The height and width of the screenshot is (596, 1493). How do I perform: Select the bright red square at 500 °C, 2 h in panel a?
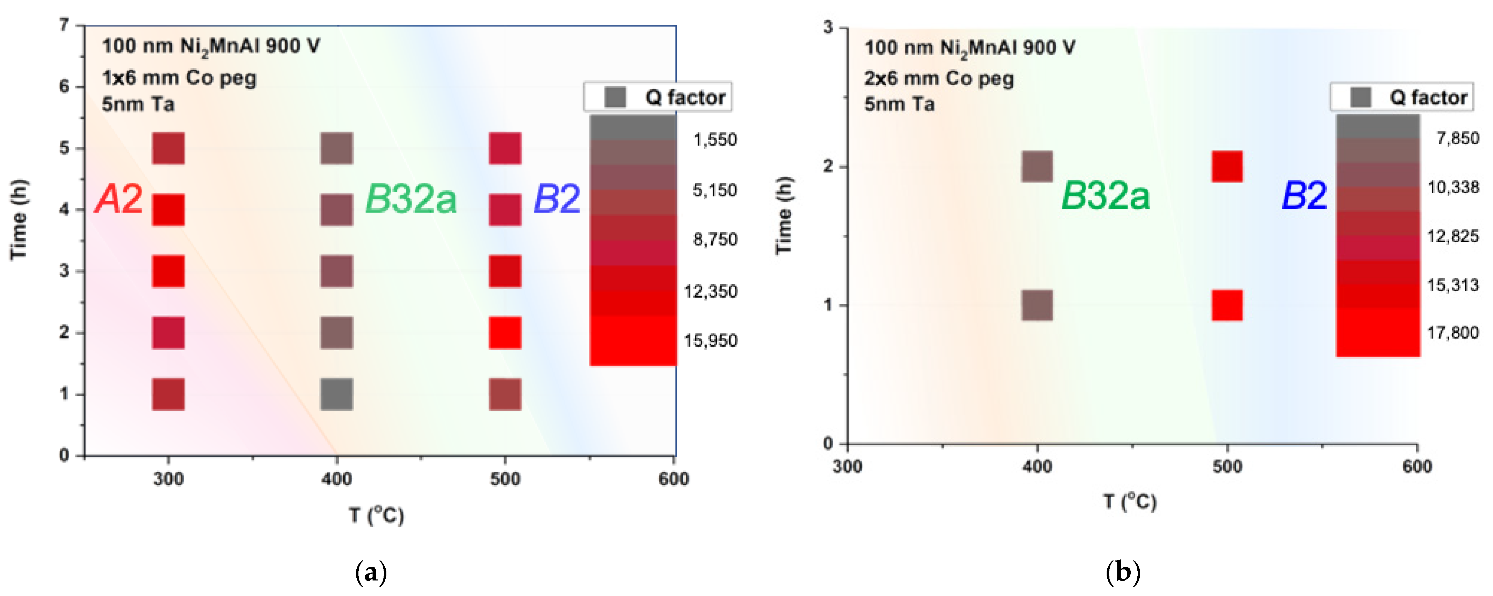505,333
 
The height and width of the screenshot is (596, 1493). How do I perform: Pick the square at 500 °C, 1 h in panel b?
1227,306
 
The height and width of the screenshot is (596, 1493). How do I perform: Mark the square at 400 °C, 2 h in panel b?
1037,167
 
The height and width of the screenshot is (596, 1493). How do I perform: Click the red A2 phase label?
119,199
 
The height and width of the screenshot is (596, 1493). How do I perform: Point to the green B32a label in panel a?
411,199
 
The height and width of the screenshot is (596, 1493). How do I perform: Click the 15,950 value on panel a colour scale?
711,340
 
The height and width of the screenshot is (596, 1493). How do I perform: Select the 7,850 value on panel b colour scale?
1457,138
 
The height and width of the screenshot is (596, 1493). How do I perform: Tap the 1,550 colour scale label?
715,140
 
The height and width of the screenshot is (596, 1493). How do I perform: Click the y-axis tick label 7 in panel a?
64,25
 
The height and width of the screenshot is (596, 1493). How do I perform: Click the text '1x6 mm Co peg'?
179,78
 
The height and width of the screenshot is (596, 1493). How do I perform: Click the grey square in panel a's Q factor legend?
615,97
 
